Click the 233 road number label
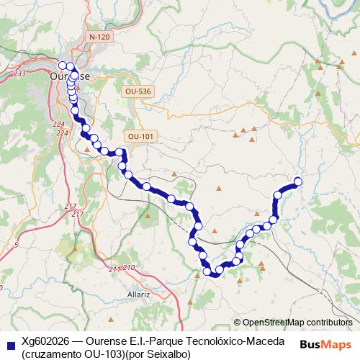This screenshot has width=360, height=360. click(19, 73)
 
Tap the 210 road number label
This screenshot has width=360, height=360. click(129, 268)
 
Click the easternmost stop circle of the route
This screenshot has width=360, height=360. click(297, 181)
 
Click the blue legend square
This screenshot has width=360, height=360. click(9, 343)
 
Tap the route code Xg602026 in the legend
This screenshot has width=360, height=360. click(48, 340)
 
